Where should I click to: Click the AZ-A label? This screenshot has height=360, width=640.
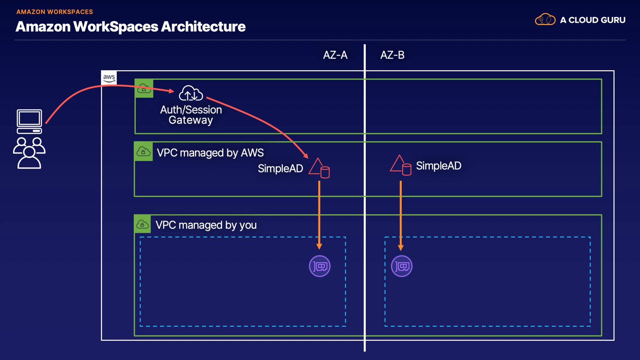[335, 55]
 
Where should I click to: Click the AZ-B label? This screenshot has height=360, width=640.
[392, 55]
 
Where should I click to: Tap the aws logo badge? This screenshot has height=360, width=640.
[109, 78]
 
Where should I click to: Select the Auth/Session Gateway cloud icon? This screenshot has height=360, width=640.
[191, 93]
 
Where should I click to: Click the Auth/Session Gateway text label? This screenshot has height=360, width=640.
[191, 115]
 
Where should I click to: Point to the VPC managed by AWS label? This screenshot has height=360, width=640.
[210, 153]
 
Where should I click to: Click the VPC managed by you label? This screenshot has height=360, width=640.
[206, 225]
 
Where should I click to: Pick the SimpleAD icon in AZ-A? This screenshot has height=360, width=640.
[319, 168]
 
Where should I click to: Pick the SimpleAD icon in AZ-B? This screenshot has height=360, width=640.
[401, 165]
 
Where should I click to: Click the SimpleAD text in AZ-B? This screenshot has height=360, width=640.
[438, 166]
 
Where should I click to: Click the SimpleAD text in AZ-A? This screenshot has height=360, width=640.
[280, 169]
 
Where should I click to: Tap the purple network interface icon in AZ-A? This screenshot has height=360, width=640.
[320, 266]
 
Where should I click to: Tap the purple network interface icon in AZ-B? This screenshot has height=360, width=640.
[401, 266]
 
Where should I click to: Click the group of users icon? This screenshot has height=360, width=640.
[29, 153]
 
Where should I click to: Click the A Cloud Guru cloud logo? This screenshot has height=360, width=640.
[545, 20]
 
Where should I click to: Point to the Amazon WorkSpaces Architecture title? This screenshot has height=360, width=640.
[130, 27]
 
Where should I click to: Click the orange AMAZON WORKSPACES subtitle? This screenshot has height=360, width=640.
[55, 12]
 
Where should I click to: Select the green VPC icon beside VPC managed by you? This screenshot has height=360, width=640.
[142, 224]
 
